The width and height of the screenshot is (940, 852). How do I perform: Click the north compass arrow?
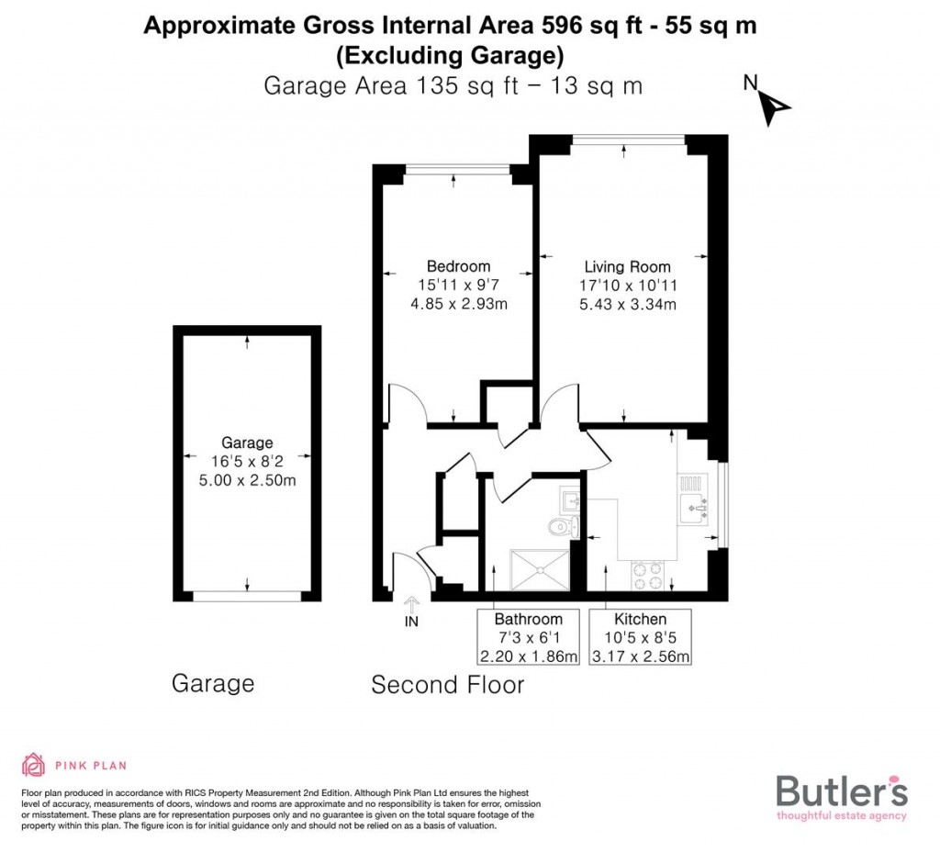[x=774, y=109]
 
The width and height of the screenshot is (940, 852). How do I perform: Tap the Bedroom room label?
[x=458, y=267]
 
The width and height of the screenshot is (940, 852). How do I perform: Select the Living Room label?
[x=627, y=267]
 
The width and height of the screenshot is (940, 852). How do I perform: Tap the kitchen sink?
[x=692, y=506]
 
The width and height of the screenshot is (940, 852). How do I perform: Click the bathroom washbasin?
[x=569, y=500]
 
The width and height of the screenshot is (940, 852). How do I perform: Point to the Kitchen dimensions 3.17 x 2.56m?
[x=641, y=656]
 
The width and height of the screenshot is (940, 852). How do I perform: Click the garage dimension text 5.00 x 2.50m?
[x=247, y=480]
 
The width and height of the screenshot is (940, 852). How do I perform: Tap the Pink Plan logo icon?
[x=34, y=765]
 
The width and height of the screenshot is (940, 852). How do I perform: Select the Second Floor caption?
[x=447, y=685]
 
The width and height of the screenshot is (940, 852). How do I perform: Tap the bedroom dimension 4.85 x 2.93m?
[x=458, y=304]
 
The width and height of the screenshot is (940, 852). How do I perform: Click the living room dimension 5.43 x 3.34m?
[x=627, y=304]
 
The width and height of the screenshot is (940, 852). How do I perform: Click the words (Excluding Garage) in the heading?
[x=450, y=56]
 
